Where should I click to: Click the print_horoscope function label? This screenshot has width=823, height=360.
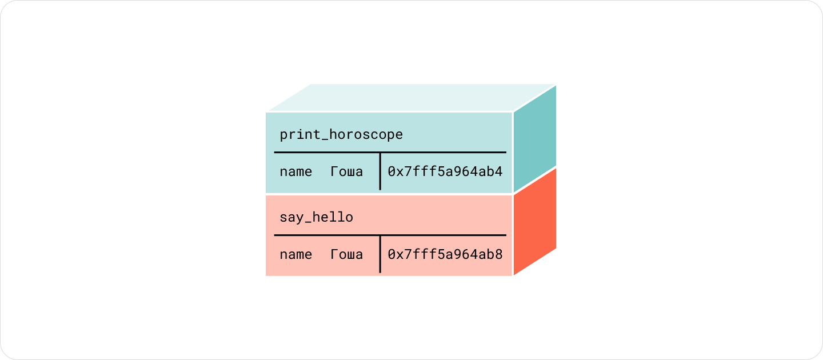(x=341, y=135)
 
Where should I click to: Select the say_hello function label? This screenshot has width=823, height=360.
(x=317, y=217)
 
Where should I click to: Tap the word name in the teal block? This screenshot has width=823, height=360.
(x=296, y=172)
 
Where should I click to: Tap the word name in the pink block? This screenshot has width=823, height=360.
(x=296, y=255)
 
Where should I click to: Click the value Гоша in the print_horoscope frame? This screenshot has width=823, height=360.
(x=347, y=171)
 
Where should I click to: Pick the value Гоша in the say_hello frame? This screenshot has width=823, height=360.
(x=347, y=254)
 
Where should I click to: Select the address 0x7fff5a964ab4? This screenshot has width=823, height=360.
(x=445, y=171)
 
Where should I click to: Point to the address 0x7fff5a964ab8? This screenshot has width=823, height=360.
(x=445, y=254)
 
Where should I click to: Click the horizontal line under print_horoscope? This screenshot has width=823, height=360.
(x=390, y=152)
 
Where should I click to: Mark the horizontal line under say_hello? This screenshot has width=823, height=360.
(x=390, y=235)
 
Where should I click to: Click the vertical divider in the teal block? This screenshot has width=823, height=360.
(x=380, y=171)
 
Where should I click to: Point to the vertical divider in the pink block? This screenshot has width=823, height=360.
(x=380, y=254)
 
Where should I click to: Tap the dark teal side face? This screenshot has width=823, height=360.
(x=535, y=139)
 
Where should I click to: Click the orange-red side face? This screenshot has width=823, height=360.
(x=535, y=222)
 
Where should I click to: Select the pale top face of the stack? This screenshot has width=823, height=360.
(x=411, y=97)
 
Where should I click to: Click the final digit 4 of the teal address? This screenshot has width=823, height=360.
(x=498, y=171)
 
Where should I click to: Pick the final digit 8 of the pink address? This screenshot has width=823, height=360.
(x=498, y=254)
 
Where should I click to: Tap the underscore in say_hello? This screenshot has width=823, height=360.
(x=308, y=223)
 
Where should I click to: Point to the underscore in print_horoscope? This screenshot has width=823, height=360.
(x=325, y=141)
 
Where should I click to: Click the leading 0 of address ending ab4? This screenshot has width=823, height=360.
(x=391, y=171)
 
